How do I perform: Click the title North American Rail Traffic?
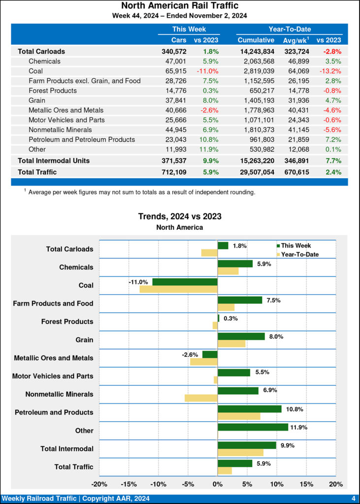pos(180,6)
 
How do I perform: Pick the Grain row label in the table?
pos(37,100)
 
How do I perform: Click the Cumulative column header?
pos(256,40)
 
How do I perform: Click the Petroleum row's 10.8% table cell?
pos(209,139)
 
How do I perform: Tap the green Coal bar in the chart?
pos(185,282)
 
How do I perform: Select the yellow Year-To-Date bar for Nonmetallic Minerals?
pos(201,398)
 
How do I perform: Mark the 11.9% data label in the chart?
pos(299,427)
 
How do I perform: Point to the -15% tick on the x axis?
pos(129,484)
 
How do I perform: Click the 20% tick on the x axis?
pos(335,484)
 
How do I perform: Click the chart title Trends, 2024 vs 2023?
pos(180,217)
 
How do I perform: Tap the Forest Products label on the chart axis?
pos(67,321)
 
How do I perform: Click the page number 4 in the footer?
pos(353,499)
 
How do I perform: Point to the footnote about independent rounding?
pos(141,192)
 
